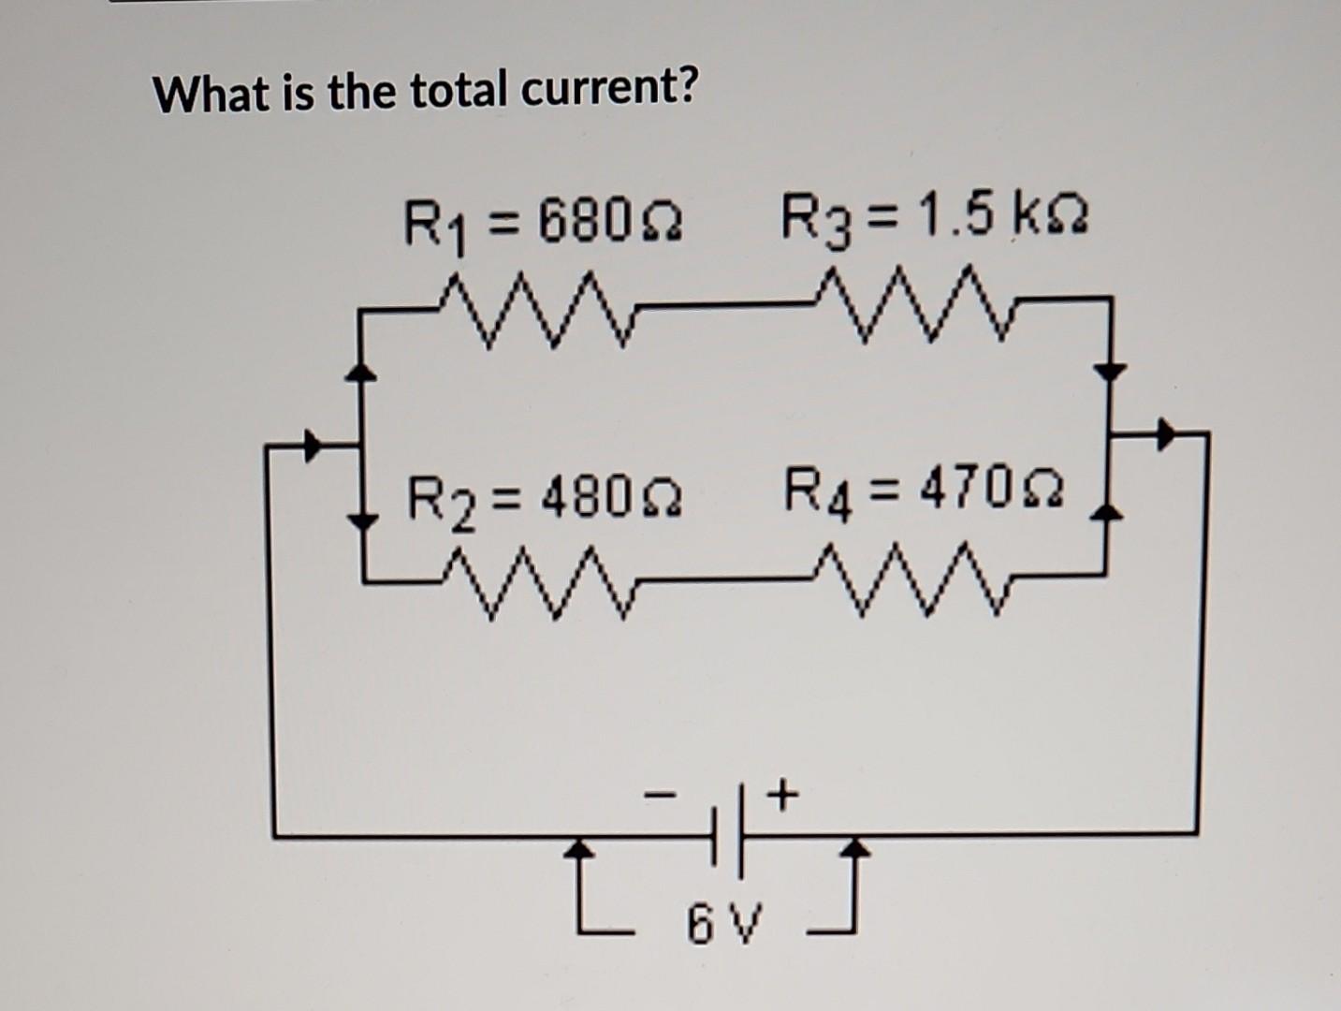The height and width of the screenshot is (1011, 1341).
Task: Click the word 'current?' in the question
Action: tap(609, 91)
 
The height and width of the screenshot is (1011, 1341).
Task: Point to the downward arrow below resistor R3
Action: tap(1110, 371)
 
